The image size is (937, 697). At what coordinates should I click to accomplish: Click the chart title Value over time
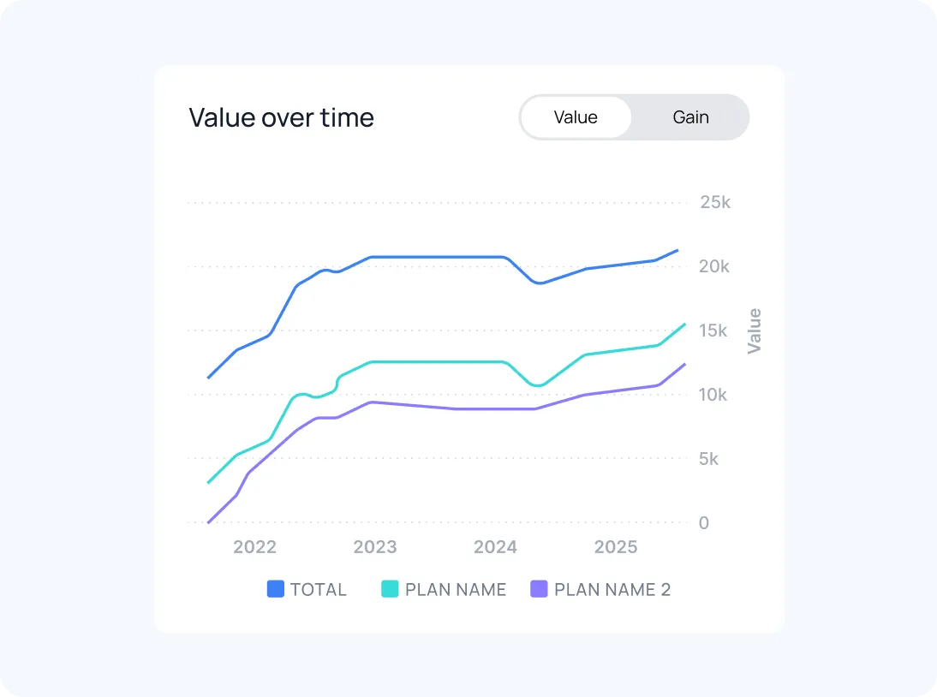pyautogui.click(x=281, y=117)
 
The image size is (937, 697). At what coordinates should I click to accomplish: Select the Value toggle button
pyautogui.click(x=576, y=117)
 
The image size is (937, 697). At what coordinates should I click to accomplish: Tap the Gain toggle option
pyautogui.click(x=690, y=117)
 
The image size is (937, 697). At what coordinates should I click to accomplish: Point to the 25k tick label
pyautogui.click(x=714, y=203)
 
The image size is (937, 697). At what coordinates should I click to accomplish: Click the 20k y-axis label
pyautogui.click(x=714, y=266)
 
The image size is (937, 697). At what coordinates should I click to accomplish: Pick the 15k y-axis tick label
pyautogui.click(x=713, y=331)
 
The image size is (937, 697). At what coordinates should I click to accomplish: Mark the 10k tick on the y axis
pyautogui.click(x=713, y=395)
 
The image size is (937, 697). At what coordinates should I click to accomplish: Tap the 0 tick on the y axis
pyautogui.click(x=704, y=523)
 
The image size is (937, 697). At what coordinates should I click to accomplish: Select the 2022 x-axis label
pyautogui.click(x=254, y=547)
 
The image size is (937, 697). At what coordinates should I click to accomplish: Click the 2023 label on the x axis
pyautogui.click(x=375, y=547)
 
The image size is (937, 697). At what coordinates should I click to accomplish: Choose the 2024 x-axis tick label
pyautogui.click(x=495, y=547)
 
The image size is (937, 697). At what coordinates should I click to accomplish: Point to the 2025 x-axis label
pyautogui.click(x=616, y=547)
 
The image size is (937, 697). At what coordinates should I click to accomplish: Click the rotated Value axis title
pyautogui.click(x=755, y=331)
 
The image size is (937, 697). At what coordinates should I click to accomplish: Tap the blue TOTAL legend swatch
pyautogui.click(x=276, y=589)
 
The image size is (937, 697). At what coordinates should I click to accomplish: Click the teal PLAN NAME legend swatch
pyautogui.click(x=390, y=589)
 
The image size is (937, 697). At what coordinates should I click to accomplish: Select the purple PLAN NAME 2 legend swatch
pyautogui.click(x=539, y=589)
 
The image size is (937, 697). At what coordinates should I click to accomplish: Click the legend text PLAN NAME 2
pyautogui.click(x=612, y=589)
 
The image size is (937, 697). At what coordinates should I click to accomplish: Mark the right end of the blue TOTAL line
pyautogui.click(x=677, y=250)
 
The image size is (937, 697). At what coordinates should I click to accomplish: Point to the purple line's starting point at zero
pyautogui.click(x=209, y=522)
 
